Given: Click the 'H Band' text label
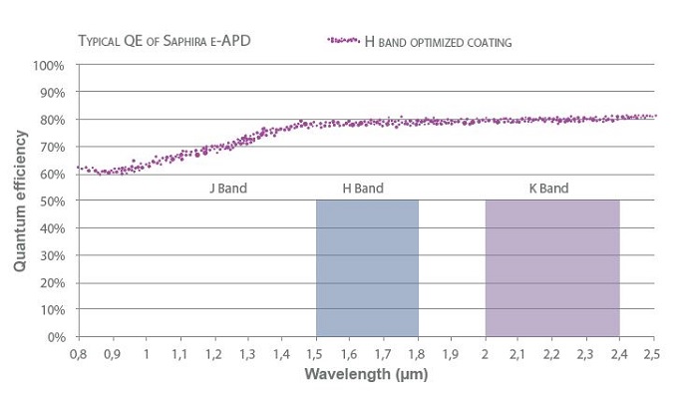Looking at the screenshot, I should [x=364, y=188].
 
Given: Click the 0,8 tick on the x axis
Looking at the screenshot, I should [x=79, y=355].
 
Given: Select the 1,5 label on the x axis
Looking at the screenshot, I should [x=315, y=355].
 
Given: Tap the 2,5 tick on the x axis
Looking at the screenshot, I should [x=652, y=355].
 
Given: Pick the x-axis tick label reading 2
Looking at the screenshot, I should [x=485, y=355].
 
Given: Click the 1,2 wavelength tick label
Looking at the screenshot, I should [x=214, y=355].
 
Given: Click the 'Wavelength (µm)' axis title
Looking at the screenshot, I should [x=365, y=376].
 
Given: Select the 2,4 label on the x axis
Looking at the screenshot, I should [x=618, y=355].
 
